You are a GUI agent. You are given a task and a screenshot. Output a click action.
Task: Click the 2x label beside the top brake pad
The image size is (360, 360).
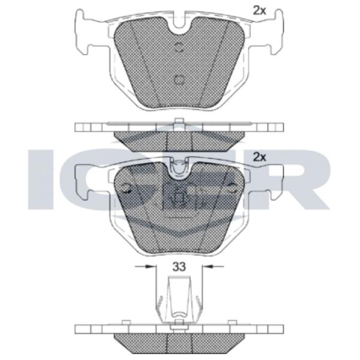[x=259, y=11]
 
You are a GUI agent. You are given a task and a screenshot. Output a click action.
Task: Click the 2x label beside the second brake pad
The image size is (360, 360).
[x=259, y=157]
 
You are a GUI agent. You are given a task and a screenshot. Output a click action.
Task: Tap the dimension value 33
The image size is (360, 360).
[x=179, y=267]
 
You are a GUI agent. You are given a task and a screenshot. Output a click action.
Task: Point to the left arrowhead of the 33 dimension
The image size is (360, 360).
[x=150, y=266]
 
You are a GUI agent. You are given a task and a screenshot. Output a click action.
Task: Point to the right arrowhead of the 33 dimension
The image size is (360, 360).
[x=208, y=266]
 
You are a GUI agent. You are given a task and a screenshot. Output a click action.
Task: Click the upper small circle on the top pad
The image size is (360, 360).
[x=179, y=47]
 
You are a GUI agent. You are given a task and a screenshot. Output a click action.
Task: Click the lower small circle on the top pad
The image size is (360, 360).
[x=179, y=80]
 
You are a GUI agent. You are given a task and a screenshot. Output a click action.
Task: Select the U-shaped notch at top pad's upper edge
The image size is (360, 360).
[x=179, y=22]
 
